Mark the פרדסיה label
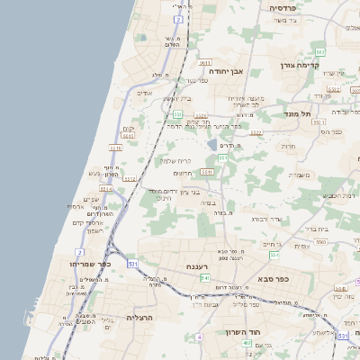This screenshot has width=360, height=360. coord(287,7)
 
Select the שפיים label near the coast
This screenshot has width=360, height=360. coord(92,199)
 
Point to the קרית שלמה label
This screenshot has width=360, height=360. coord(175,161)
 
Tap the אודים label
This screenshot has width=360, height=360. coord(144,93)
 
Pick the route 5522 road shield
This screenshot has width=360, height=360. coord(256,132)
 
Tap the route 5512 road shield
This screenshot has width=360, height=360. coord(130,178)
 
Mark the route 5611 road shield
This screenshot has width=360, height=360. coord(205,64)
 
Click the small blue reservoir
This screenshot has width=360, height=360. coord(212,144)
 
